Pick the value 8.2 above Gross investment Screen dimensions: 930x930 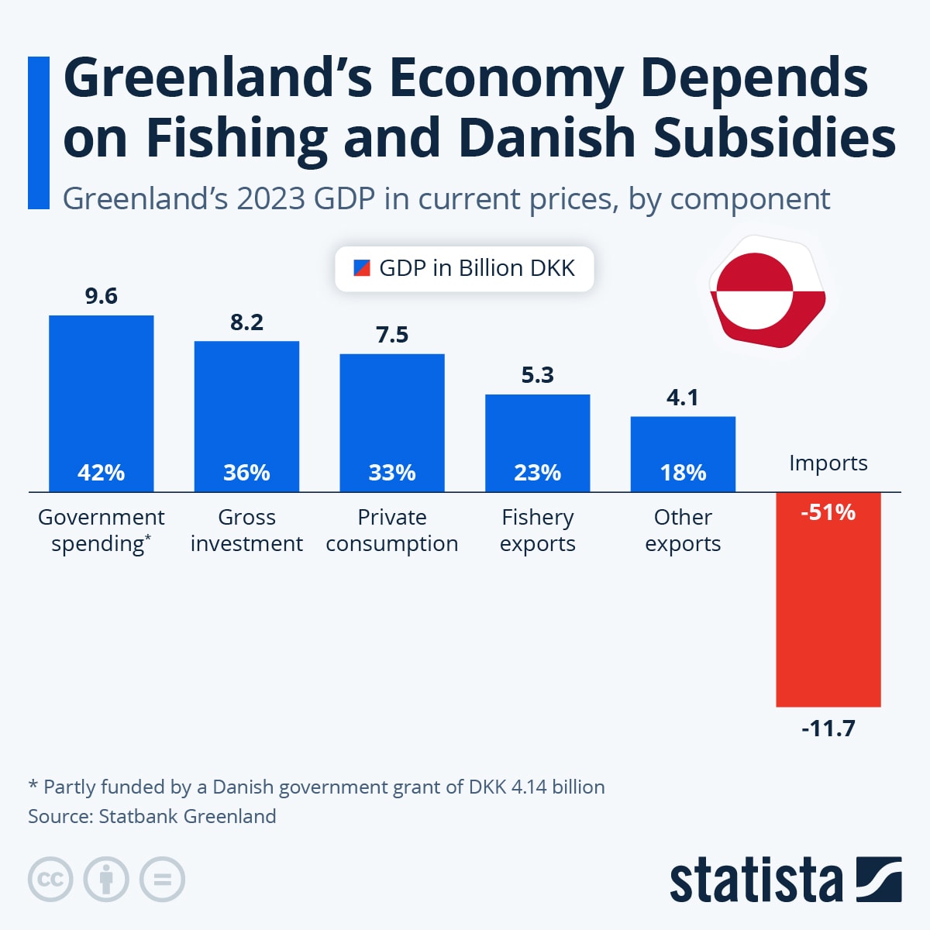(246, 322)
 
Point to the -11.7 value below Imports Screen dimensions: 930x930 (828, 728)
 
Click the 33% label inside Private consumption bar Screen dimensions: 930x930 (391, 473)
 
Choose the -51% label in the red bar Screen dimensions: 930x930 (828, 512)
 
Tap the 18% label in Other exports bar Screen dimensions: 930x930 (683, 473)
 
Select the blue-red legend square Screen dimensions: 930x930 (361, 268)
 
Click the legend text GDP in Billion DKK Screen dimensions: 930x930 (477, 268)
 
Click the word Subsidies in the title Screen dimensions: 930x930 (774, 138)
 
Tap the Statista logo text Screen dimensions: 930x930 (756, 880)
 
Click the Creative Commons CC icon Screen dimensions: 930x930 (50, 880)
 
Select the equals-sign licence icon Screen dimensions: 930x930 (162, 880)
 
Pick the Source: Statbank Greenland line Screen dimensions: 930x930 (152, 816)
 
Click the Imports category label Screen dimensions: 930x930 (828, 463)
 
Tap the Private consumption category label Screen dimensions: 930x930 (391, 530)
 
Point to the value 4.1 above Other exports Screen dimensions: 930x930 (683, 398)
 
